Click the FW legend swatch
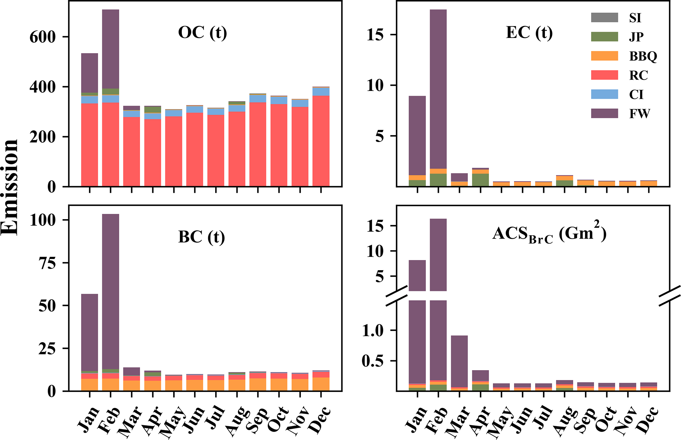[604, 113]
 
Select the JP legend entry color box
[604, 37]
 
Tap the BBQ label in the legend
[643, 56]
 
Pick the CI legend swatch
[604, 94]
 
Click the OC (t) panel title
[202, 33]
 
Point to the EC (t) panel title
[529, 33]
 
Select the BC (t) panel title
[201, 237]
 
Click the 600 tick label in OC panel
[43, 37]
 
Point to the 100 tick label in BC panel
[43, 220]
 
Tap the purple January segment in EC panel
[417, 135]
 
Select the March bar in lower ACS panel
[459, 361]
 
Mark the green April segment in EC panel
[480, 180]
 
